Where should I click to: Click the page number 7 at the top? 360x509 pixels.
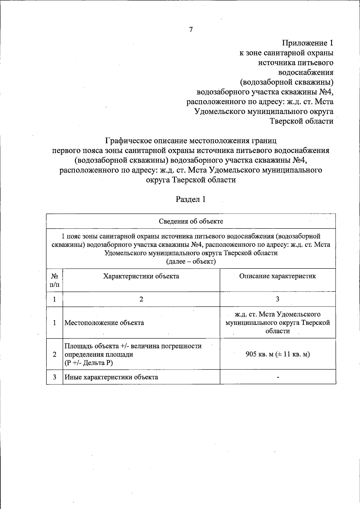tap(191, 29)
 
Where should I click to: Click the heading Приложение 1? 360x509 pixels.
tap(307, 43)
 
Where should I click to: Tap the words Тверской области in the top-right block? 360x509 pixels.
tap(301, 121)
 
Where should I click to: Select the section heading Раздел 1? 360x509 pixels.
tap(191, 199)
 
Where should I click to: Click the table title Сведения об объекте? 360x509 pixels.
tap(191, 221)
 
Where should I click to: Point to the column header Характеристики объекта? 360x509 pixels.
tap(141, 276)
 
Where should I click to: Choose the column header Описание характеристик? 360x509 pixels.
tap(277, 276)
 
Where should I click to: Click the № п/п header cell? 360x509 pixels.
tap(55, 280)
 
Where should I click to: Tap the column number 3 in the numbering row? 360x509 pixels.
tap(277, 299)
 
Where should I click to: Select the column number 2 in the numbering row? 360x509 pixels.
tap(141, 299)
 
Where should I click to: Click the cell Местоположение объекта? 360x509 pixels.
tap(104, 323)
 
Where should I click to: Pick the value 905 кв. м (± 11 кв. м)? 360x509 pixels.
tap(277, 354)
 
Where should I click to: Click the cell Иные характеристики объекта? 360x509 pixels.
tap(111, 377)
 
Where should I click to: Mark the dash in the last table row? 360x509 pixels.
tap(278, 377)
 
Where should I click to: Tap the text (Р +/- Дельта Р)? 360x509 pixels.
tap(89, 363)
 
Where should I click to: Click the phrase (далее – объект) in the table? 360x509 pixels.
tap(191, 262)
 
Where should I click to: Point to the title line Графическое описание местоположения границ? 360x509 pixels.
tap(191, 141)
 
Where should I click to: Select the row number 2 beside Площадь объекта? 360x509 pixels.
tap(55, 354)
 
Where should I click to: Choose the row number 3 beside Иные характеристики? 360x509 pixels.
tap(55, 377)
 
